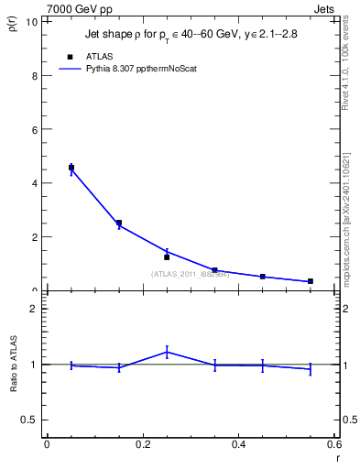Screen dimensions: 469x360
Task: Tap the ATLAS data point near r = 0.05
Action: click(x=71, y=168)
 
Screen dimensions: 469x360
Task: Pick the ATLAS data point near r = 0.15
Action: click(x=119, y=223)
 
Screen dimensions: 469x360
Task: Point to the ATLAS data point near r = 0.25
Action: click(x=167, y=257)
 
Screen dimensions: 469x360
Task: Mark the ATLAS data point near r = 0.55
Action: click(x=311, y=281)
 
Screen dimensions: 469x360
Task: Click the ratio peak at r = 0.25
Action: click(x=167, y=352)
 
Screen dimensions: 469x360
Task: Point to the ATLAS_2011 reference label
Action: click(x=189, y=274)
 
